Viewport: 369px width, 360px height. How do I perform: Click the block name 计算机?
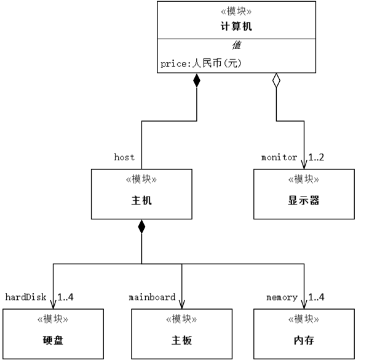click(236, 26)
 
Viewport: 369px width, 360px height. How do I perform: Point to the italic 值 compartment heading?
click(236, 45)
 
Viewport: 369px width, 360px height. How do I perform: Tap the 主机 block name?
click(141, 200)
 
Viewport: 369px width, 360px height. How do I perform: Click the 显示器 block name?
click(304, 200)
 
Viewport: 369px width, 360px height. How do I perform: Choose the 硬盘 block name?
click(53, 340)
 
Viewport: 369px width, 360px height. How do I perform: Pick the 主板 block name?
click(182, 340)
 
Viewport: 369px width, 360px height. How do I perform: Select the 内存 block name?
click(304, 340)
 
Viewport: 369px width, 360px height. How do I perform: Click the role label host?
click(124, 157)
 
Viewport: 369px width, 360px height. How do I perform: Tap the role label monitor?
click(279, 157)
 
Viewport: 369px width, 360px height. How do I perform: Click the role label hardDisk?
click(26, 297)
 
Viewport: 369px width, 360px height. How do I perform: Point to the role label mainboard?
click(152, 297)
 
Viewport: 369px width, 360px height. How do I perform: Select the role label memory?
click(282, 297)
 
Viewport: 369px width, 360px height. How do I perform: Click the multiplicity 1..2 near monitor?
click(316, 157)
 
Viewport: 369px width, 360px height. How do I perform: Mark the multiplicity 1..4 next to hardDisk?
click(66, 297)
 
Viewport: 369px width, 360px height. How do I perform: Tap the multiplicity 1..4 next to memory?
click(317, 297)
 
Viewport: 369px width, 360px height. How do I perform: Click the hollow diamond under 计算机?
click(276, 80)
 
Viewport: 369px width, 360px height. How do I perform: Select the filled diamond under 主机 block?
click(141, 226)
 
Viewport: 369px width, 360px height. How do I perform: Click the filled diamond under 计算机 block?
click(197, 80)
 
